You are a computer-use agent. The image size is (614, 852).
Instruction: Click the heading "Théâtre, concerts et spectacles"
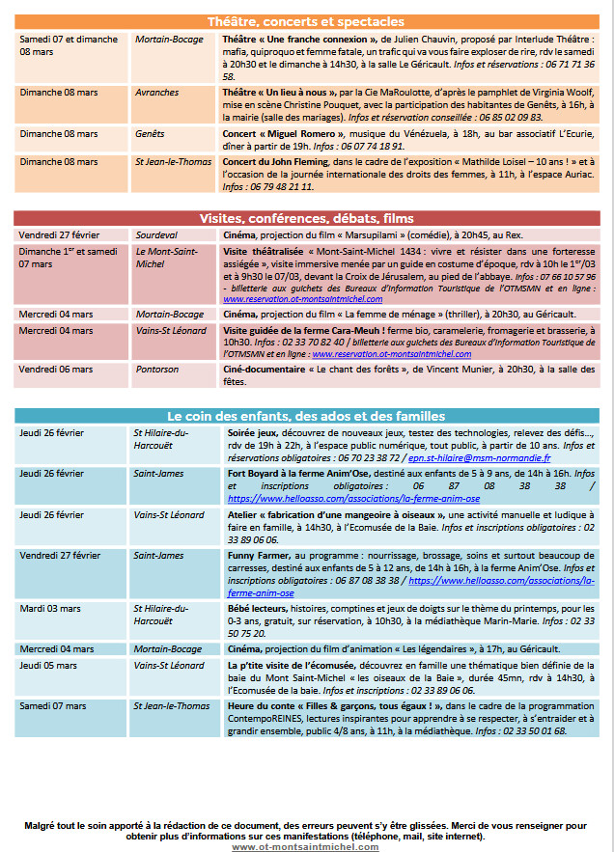click(x=306, y=21)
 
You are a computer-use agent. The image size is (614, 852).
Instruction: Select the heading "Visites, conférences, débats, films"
click(x=306, y=217)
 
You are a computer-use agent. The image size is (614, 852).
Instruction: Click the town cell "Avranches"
click(x=157, y=93)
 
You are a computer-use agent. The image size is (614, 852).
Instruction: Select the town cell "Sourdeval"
click(x=156, y=234)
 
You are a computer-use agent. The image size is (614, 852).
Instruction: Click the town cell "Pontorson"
click(x=156, y=369)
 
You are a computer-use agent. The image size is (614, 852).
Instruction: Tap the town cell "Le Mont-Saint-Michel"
click(x=166, y=257)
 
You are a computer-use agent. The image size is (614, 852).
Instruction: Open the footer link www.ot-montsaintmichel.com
click(x=306, y=846)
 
